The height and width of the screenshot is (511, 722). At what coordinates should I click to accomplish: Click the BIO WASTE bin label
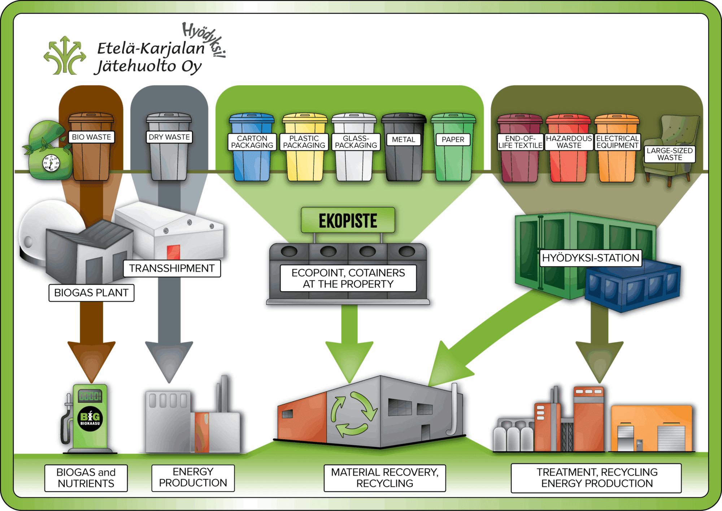coord(91,137)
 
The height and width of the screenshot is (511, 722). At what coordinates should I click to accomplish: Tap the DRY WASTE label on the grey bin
coord(169,137)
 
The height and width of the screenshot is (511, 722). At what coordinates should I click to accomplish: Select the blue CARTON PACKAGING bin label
coord(252,142)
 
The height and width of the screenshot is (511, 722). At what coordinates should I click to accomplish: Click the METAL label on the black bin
coord(403,140)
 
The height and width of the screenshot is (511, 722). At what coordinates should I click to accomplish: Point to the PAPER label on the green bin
coord(453,140)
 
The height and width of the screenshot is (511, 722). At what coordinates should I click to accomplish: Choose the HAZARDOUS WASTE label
coord(569,142)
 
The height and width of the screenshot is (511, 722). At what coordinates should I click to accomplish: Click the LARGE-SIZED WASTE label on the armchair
coord(669,154)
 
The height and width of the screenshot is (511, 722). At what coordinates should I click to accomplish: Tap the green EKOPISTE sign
coord(348,220)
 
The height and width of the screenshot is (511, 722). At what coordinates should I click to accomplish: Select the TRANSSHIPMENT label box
coord(172,269)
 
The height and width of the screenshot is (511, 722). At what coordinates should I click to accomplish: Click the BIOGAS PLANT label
coord(91,293)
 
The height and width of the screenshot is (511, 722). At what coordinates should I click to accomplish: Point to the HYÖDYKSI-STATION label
coord(590,258)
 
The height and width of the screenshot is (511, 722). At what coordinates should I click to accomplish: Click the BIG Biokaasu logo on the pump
coord(90,419)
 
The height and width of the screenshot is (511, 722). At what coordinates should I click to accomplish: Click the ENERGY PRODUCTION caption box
coord(193,478)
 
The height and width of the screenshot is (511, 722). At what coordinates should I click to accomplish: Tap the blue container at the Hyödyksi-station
coord(632,287)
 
